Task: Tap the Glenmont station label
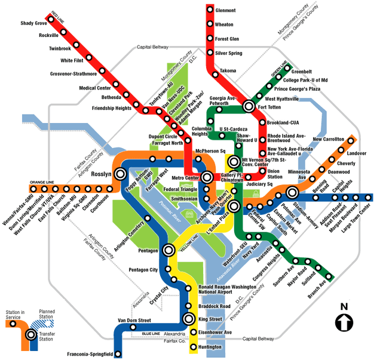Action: tap(226, 10)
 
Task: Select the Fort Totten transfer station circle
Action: tap(249, 106)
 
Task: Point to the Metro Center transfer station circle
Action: tap(207, 177)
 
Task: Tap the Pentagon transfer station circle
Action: tap(169, 250)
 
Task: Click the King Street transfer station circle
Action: tap(189, 318)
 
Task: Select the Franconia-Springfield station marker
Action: tap(118, 354)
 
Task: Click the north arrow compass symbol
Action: tap(344, 322)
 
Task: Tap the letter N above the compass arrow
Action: tap(344, 306)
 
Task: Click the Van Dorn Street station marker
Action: tap(133, 328)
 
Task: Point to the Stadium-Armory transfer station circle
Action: tap(292, 192)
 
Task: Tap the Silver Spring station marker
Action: tap(210, 53)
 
